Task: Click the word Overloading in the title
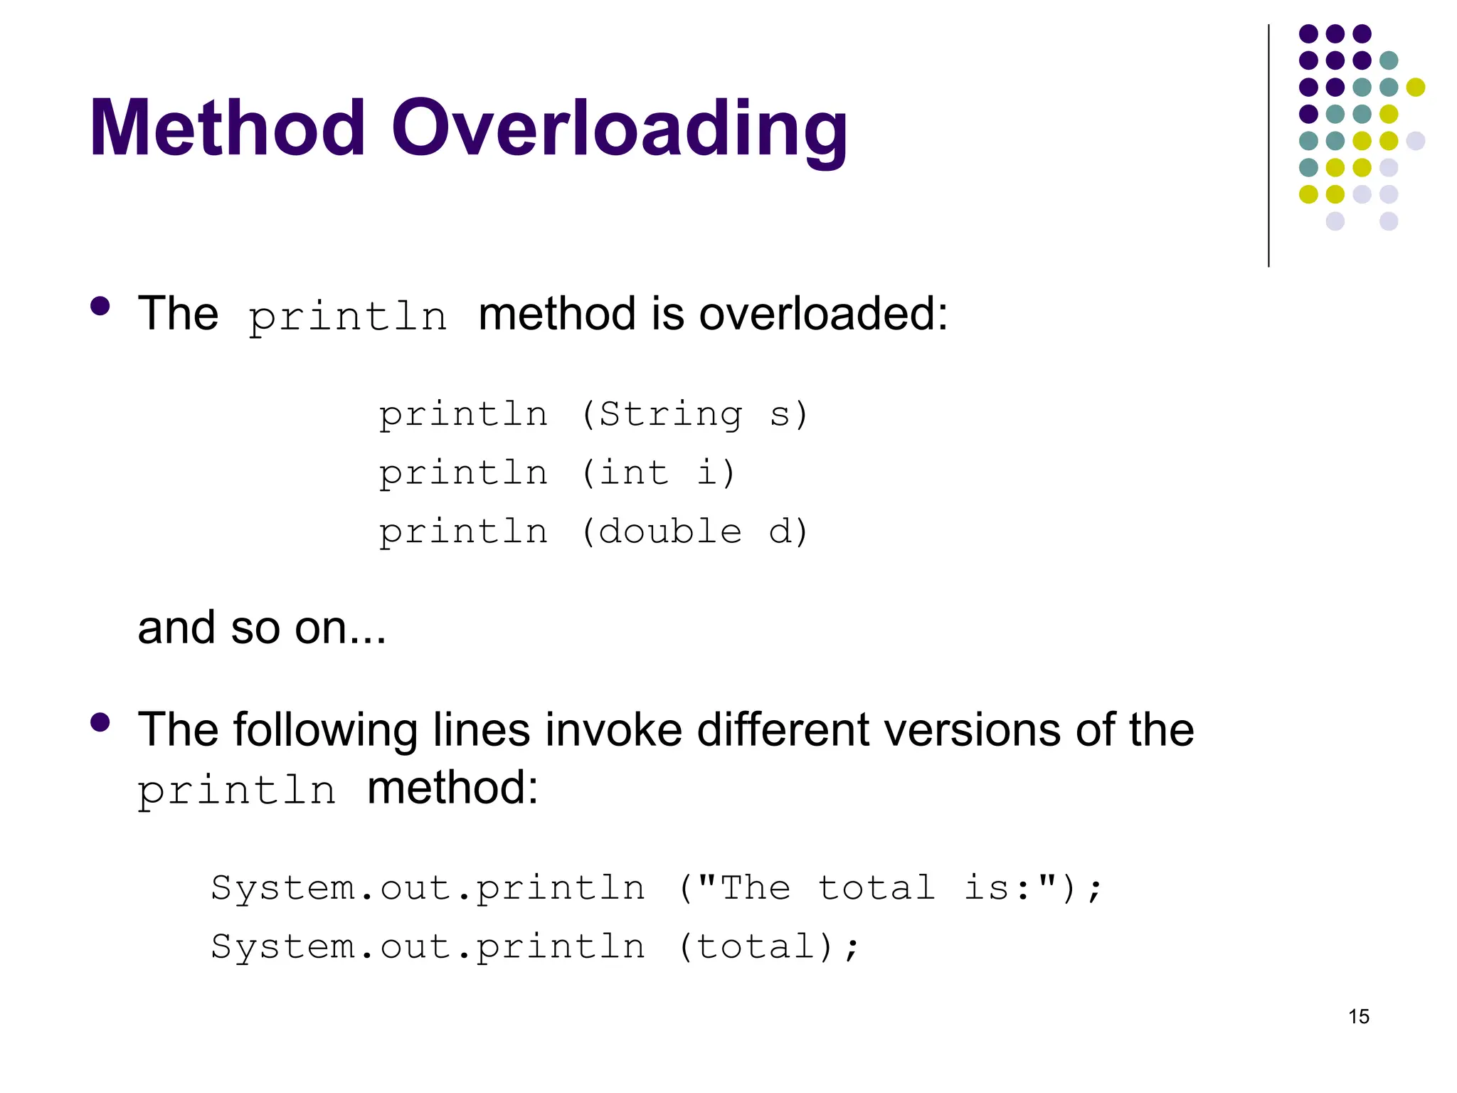coord(619,132)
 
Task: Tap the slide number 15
coord(1358,1016)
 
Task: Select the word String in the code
coord(670,414)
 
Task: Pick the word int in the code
coord(634,473)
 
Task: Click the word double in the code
coord(670,532)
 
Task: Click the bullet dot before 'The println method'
coord(100,306)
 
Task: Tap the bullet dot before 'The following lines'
coord(100,722)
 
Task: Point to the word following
coord(325,731)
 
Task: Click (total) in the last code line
coord(756,947)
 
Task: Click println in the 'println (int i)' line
coord(463,474)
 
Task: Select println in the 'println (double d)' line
coord(463,532)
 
